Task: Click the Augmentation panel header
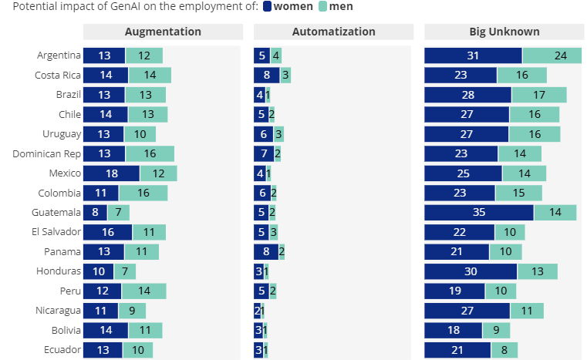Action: click(163, 32)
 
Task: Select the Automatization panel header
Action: click(333, 32)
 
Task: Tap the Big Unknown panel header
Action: click(504, 32)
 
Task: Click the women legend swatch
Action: click(268, 7)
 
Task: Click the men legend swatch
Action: click(322, 7)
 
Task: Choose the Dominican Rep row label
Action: click(46, 153)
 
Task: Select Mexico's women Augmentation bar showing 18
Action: click(111, 173)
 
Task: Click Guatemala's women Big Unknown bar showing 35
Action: click(478, 213)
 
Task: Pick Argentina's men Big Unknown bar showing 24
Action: click(552, 56)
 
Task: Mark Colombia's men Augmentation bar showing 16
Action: click(143, 193)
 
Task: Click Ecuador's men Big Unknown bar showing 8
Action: click(504, 350)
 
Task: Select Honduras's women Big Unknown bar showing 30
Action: click(471, 271)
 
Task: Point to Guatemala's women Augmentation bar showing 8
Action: click(95, 213)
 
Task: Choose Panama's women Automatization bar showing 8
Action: click(265, 252)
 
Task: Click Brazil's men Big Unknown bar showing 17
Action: click(538, 95)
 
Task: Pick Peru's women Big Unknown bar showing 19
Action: click(454, 291)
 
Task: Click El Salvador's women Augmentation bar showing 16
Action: click(108, 232)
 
